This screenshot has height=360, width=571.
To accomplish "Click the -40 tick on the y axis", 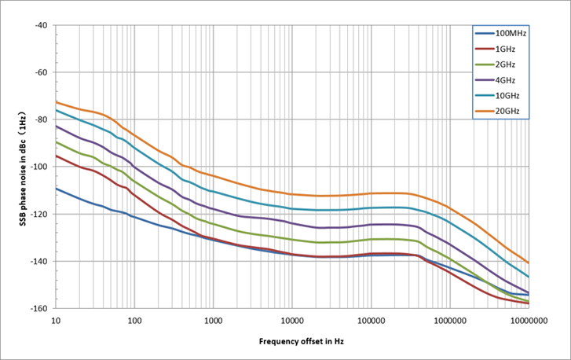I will tap(41, 25).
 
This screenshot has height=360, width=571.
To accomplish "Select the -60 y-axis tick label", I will tap(41, 72).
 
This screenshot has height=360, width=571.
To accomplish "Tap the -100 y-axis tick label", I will tap(38, 167).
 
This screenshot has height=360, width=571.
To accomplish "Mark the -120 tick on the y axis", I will tap(38, 214).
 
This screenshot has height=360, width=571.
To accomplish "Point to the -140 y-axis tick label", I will tap(38, 261).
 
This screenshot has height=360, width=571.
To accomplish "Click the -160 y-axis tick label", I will tap(38, 308).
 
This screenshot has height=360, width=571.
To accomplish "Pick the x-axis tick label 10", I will tap(56, 321).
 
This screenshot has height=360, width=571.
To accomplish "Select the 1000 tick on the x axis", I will tap(213, 321).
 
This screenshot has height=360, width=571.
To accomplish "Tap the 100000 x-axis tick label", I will tap(371, 321).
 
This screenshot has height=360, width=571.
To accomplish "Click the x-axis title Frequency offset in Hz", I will tap(302, 342).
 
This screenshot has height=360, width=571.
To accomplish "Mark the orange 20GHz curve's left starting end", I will tap(56, 102).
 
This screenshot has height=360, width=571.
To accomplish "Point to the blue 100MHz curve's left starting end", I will tap(56, 189).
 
